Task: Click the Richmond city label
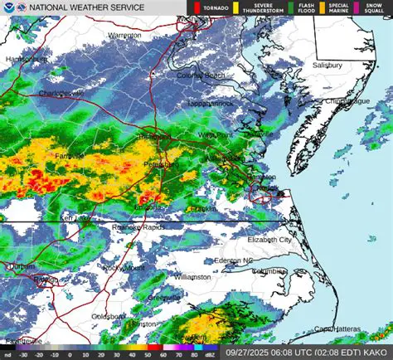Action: (x=154, y=135)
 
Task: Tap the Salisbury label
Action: (x=326, y=65)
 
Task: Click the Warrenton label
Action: (x=125, y=36)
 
